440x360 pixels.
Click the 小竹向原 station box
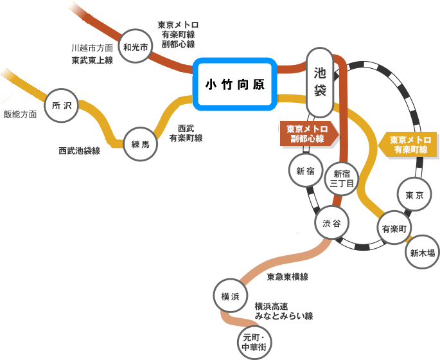[x=235, y=84]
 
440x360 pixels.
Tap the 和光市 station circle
[x=136, y=46]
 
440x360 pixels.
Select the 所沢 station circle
[x=62, y=105]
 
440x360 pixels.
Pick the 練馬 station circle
[x=140, y=144]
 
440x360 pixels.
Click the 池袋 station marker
[x=320, y=82]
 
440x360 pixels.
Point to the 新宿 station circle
[x=305, y=170]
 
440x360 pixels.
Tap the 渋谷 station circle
[x=332, y=223]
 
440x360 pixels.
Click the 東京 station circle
[x=414, y=194]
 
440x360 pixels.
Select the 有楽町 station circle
[x=394, y=228]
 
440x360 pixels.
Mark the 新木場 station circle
[x=422, y=252]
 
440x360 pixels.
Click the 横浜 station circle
[x=230, y=296]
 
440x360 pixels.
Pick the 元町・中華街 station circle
[x=254, y=343]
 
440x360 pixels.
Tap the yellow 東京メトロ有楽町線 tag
[x=410, y=144]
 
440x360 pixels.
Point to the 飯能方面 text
[x=20, y=114]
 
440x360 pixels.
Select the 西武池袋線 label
[x=80, y=150]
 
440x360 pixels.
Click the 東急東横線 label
[x=287, y=276]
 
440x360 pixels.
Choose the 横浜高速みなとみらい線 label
[x=283, y=311]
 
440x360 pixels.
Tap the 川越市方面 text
[x=92, y=48]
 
